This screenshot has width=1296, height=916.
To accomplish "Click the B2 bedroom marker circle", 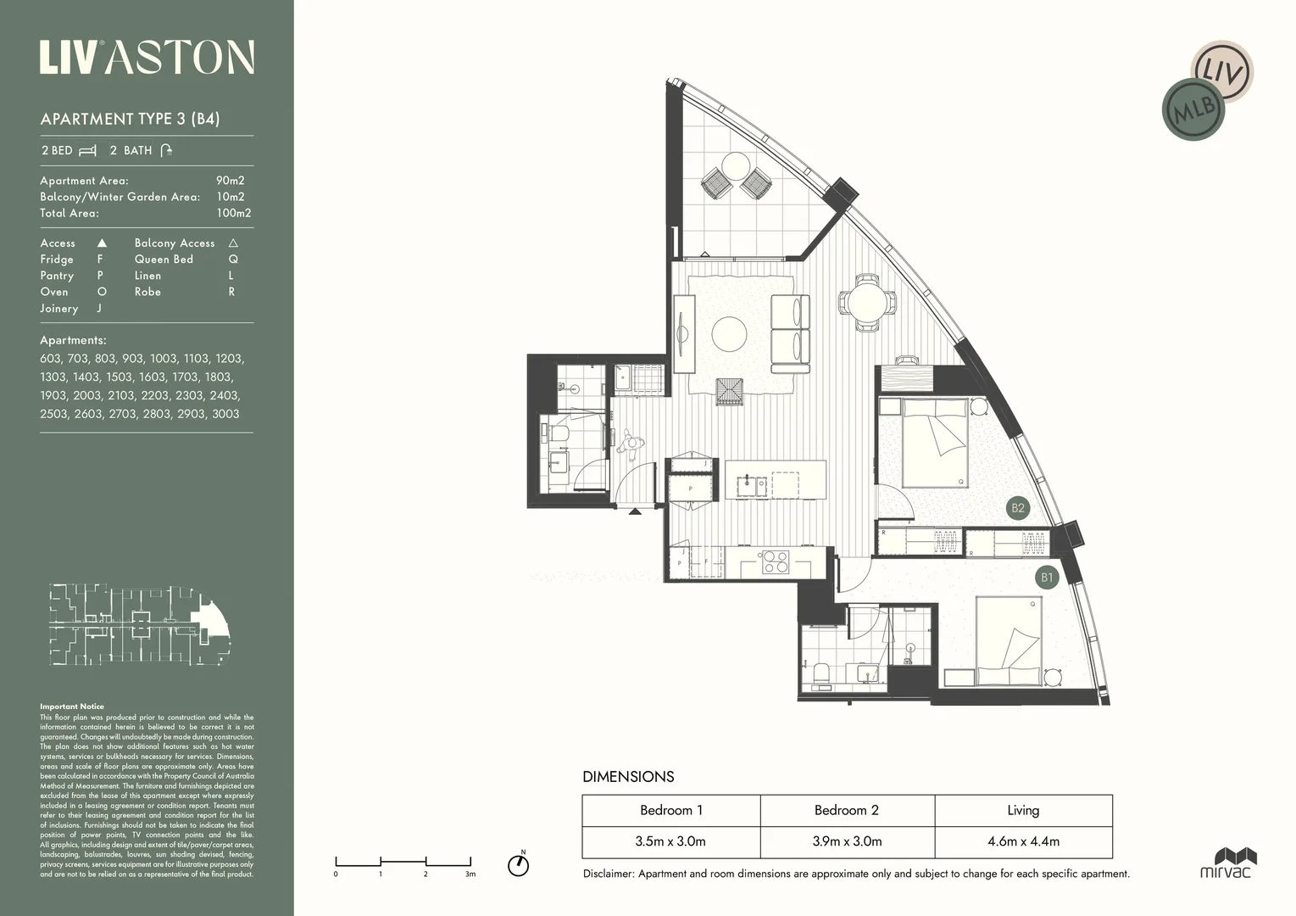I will pos(1017,508).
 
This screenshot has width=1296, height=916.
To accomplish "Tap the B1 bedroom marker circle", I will pos(1047,578).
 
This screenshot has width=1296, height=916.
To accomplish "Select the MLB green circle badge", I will pos(1193,109).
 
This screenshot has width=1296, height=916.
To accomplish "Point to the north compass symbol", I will pos(518,864).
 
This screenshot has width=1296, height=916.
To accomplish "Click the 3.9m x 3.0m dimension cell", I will pos(847,841).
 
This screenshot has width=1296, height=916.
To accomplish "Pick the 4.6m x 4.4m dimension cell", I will pos(1023,841).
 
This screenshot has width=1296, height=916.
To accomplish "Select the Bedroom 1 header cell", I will pos(670,810).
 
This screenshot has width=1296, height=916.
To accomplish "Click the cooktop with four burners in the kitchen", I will pos(775,561).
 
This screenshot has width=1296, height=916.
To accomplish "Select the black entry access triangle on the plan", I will pos(635,511).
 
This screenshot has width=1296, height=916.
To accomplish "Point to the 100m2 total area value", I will pos(233,213).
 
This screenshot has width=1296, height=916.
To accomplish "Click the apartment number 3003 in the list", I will pos(225,414).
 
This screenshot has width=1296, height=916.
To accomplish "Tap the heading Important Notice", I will pos(72,707).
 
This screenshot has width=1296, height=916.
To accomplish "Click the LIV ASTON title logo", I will pos(147,58).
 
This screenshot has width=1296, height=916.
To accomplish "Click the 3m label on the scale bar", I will pos(470,874).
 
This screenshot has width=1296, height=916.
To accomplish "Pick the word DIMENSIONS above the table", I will pos(628,776).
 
